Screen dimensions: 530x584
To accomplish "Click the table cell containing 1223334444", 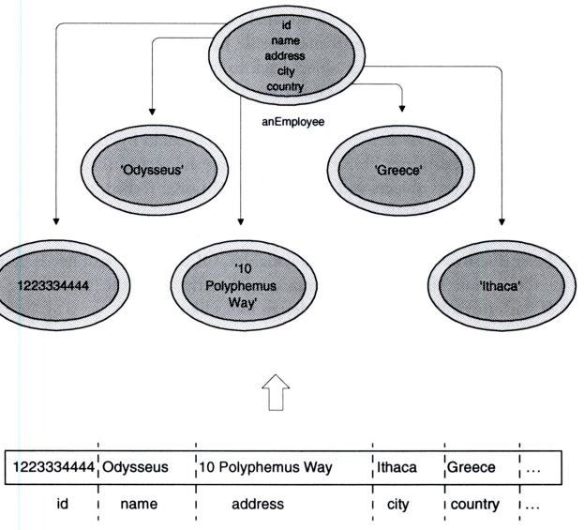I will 51,466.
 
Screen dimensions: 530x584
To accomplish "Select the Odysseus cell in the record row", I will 136,466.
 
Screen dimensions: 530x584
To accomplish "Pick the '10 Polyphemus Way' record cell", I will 265,466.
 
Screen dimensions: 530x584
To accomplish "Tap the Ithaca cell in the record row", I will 397,466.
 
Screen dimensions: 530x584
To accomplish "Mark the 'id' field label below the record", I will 63,504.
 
